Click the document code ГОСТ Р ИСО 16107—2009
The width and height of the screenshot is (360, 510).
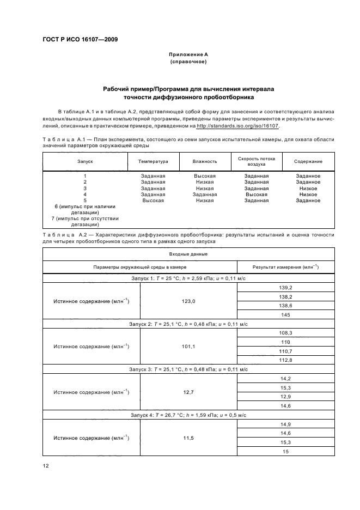click(x=80, y=40)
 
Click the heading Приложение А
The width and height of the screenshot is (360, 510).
click(x=188, y=55)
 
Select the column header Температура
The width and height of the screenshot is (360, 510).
click(x=153, y=162)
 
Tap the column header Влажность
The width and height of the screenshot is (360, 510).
click(x=205, y=162)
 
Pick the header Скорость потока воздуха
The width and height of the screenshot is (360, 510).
click(x=257, y=162)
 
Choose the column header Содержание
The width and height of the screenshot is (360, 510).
click(x=308, y=162)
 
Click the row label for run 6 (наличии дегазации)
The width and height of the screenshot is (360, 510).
click(x=84, y=209)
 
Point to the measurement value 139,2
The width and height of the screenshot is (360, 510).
click(x=286, y=288)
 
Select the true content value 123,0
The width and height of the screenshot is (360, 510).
click(x=188, y=301)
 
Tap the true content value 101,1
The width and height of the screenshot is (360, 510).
click(x=188, y=346)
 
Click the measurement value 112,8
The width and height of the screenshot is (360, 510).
click(x=286, y=360)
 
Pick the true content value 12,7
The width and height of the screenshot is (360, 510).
click(x=188, y=392)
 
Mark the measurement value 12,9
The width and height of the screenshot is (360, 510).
click(x=286, y=397)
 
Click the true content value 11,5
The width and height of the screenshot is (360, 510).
click(x=188, y=438)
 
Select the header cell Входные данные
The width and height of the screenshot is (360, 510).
click(x=188, y=254)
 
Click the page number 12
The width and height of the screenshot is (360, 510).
click(x=46, y=466)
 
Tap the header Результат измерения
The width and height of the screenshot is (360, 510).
click(x=286, y=267)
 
